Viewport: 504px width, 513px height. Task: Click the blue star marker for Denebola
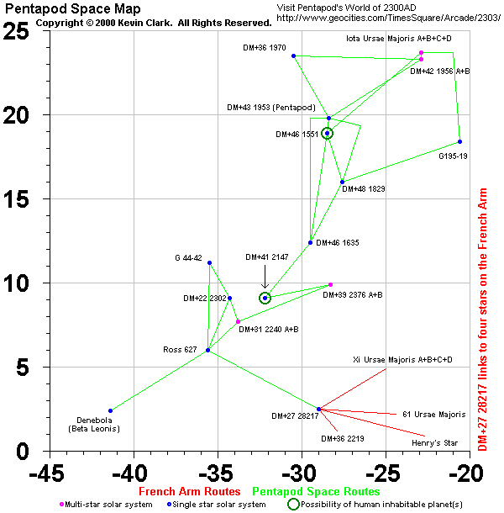pos(110,410)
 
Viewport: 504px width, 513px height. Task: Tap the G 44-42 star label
pos(188,257)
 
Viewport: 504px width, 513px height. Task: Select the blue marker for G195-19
pos(459,141)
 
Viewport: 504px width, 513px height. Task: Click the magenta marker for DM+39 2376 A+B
pos(330,284)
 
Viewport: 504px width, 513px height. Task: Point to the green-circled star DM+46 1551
pos(327,133)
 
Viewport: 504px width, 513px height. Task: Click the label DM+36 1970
pos(265,48)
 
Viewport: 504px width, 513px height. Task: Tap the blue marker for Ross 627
pos(207,350)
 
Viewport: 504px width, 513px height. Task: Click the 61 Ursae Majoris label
pos(433,414)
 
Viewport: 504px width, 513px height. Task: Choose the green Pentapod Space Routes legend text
pos(316,491)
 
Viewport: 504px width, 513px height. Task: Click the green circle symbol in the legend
pos(293,504)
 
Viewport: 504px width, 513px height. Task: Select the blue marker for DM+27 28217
pos(318,409)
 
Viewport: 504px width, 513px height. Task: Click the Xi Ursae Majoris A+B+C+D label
pos(402,359)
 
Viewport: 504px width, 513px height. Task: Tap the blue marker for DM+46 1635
pos(310,242)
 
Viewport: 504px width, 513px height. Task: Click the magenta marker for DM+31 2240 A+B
pos(238,321)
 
